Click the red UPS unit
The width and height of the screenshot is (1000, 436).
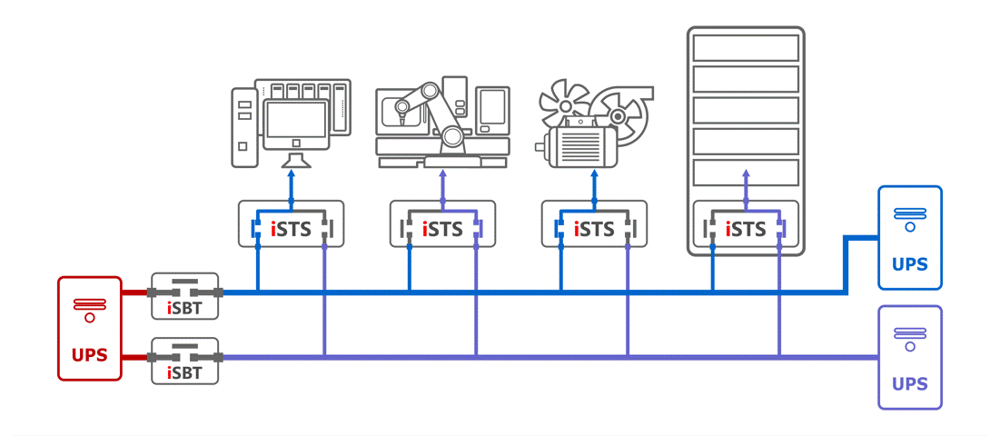pos(89,328)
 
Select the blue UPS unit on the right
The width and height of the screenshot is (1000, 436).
pos(910,237)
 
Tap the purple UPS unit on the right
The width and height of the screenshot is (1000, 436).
pos(910,357)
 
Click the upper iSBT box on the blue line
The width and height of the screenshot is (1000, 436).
pos(185,295)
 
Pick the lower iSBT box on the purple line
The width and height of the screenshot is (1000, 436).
pos(185,361)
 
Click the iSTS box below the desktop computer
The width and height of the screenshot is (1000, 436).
pos(291,223)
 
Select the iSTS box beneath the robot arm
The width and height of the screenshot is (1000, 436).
pos(442,223)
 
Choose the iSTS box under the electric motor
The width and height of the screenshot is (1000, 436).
pos(594,223)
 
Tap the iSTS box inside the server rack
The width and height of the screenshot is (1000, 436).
pos(746,223)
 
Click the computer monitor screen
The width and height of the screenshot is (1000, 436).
pos(295,119)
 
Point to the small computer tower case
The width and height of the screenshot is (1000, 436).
pos(243,127)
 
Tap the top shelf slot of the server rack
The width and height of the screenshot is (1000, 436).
pos(746,47)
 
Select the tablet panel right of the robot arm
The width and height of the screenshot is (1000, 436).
pos(492,109)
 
